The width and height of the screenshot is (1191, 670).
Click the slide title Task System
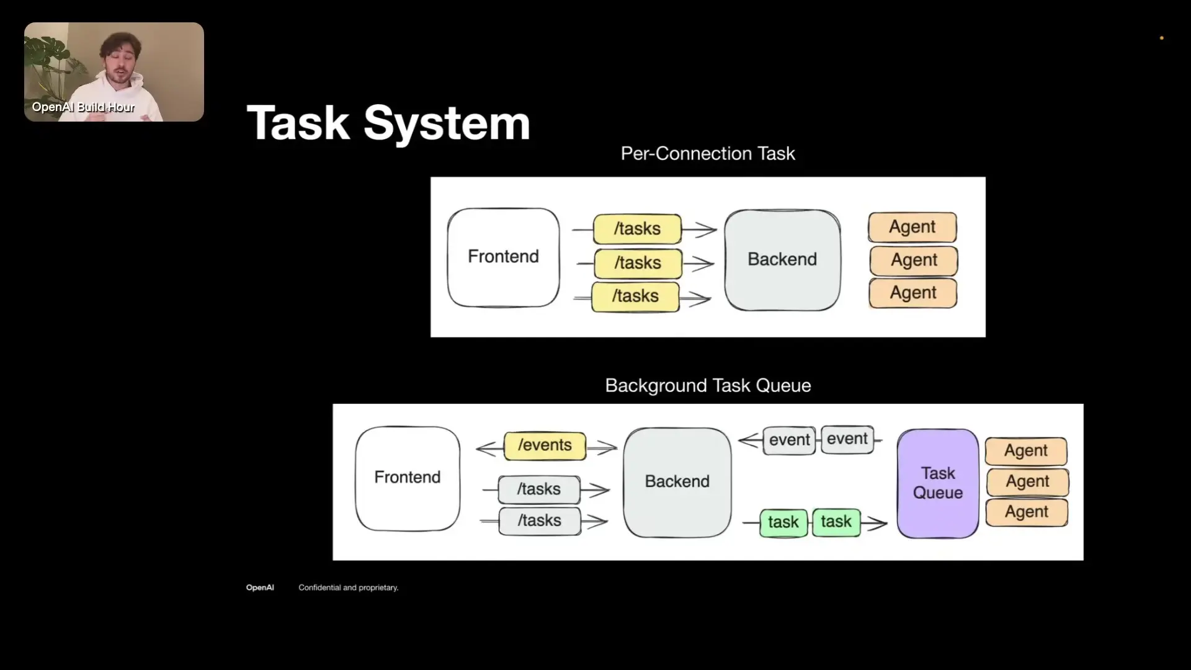tap(388, 123)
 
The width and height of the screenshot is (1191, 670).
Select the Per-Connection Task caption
tap(708, 153)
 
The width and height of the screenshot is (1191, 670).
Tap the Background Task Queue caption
tap(708, 385)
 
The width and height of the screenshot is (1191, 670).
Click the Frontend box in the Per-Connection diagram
tap(503, 257)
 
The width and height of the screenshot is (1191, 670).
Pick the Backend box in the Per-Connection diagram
tap(782, 259)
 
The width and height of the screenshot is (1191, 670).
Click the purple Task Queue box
tap(938, 483)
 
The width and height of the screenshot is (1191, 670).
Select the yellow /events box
tap(545, 445)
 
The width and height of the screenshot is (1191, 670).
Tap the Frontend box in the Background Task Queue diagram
tap(408, 478)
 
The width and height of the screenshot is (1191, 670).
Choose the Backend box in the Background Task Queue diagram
tap(677, 482)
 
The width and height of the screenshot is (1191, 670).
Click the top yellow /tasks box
tap(637, 229)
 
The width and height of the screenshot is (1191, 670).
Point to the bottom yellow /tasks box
tap(635, 297)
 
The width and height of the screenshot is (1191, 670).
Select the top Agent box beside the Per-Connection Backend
tap(912, 227)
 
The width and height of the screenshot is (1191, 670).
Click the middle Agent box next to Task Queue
tap(1028, 481)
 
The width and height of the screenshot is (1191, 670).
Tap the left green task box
tap(783, 522)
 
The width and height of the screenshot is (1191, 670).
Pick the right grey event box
tap(847, 439)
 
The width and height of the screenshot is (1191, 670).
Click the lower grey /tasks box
tap(540, 520)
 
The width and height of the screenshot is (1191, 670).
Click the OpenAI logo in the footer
tap(260, 587)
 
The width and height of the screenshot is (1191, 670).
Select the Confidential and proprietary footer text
tap(349, 587)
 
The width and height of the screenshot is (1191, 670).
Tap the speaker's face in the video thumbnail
tap(120, 62)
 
